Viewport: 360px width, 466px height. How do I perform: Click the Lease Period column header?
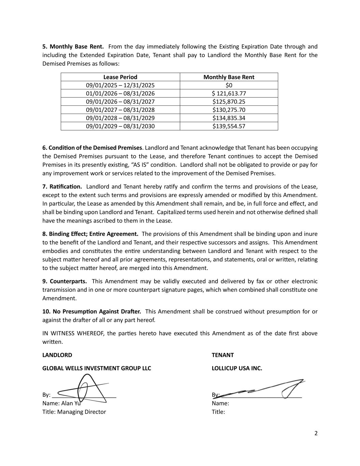click(x=120, y=77)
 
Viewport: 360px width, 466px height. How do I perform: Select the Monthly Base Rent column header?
click(x=229, y=77)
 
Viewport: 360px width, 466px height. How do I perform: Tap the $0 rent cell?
click(x=229, y=85)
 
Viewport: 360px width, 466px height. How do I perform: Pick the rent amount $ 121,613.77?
click(x=229, y=94)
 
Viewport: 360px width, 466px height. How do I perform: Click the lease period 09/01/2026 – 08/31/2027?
click(x=120, y=102)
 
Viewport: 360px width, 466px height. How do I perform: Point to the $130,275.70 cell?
click(x=229, y=110)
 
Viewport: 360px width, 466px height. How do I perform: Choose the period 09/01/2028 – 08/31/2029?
click(x=120, y=118)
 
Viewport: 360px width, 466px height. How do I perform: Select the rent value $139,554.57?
click(x=229, y=126)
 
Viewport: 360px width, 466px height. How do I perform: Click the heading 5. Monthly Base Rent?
click(x=73, y=47)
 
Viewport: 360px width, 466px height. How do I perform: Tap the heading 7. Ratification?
click(x=62, y=187)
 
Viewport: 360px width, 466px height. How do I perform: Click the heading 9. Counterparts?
click(x=64, y=281)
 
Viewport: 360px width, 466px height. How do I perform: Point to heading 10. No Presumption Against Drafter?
click(x=91, y=312)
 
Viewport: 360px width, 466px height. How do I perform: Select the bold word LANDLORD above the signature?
click(x=57, y=355)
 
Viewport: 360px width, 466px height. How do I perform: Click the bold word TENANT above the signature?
click(x=222, y=355)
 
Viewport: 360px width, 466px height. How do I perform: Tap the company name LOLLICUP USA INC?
click(x=237, y=368)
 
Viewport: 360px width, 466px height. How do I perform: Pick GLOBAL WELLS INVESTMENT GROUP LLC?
click(x=97, y=368)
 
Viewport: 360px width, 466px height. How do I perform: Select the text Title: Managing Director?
click(x=74, y=412)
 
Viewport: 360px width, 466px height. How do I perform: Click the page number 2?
click(x=316, y=434)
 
